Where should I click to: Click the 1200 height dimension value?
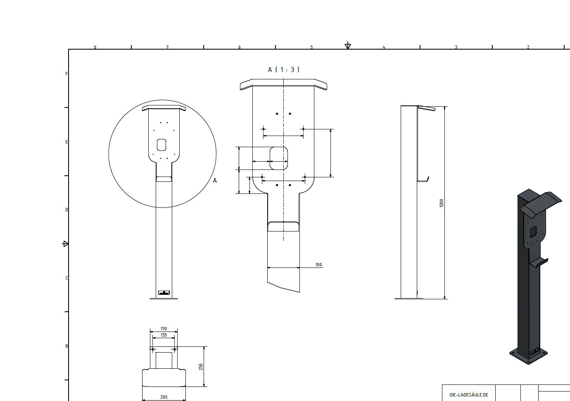[441, 203]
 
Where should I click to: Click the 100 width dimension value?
[318, 265]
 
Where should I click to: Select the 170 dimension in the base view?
[164, 329]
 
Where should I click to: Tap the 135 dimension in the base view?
[164, 335]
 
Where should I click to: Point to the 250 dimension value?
[201, 367]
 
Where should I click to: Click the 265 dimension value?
[164, 397]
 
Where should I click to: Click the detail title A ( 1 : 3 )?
[283, 69]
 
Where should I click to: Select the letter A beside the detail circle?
[214, 181]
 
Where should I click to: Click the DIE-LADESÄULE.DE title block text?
[468, 395]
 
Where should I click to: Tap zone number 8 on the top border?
[95, 47]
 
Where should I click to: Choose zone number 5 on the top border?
[311, 47]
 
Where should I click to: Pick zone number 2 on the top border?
[528, 47]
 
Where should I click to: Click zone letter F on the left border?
[66, 74]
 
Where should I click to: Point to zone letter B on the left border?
[66, 346]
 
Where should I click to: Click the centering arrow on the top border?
[348, 45]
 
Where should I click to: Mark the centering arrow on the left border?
[65, 244]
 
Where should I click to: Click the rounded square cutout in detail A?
[279, 158]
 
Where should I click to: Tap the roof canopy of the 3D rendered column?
[541, 203]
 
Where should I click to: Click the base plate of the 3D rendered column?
[528, 356]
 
